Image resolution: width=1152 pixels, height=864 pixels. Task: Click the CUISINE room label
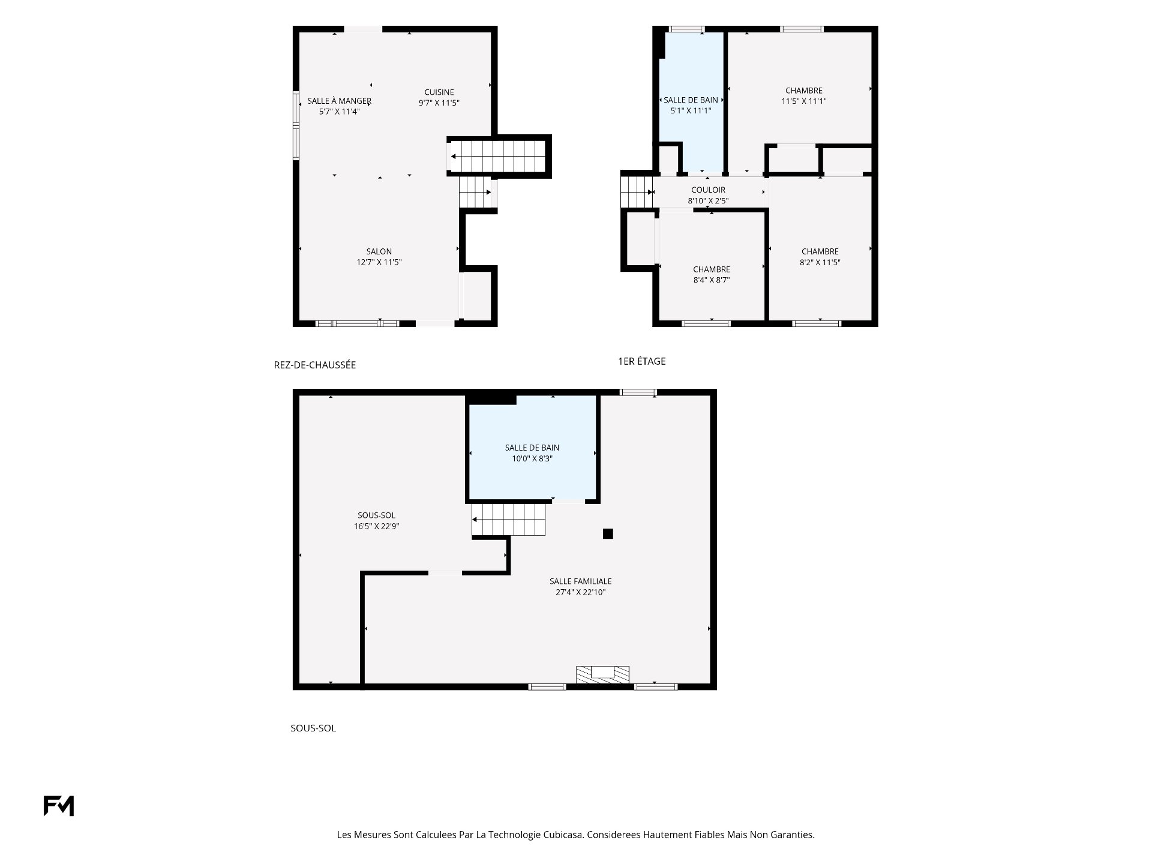coord(439,92)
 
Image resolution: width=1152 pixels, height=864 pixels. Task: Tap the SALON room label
coord(379,252)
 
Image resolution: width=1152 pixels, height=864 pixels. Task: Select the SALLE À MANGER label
coord(340,101)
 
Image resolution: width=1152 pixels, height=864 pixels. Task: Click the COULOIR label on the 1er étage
coord(708,190)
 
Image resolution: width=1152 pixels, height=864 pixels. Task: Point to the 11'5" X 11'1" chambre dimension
coord(804,101)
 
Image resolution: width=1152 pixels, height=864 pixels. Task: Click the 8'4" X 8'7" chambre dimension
coord(712,280)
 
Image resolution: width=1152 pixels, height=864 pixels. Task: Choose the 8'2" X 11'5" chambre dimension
coord(820,262)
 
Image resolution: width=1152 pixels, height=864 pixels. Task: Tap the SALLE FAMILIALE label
coord(581,581)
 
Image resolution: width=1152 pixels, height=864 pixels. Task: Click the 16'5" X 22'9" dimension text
coord(377,526)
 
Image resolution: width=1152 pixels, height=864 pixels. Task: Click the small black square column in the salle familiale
coord(608,533)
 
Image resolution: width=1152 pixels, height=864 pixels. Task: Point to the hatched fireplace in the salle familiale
coord(603,674)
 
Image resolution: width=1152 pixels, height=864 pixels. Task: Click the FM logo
coord(59,806)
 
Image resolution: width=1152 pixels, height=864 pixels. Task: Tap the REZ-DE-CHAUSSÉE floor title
coord(315,365)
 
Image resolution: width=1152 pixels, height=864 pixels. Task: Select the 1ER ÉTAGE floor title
coord(642,361)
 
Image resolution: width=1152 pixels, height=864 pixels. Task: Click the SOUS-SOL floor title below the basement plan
coord(313,728)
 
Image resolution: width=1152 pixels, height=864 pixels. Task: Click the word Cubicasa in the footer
coord(563,835)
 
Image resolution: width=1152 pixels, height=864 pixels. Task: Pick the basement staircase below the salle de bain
coord(509,519)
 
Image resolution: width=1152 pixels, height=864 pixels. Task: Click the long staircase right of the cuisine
coord(497,157)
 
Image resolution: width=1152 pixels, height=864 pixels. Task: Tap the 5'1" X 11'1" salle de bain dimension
coord(691,111)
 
